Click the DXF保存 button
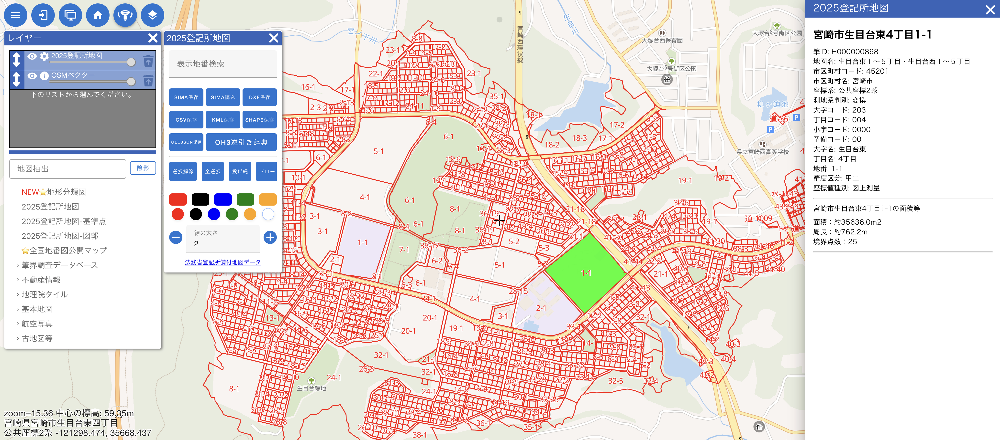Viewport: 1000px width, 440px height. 259,97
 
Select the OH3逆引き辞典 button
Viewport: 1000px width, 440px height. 241,142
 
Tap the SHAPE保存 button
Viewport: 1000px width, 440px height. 259,120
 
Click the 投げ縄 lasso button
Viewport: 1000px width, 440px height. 240,171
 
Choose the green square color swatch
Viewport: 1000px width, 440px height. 245,199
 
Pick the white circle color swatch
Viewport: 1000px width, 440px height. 268,214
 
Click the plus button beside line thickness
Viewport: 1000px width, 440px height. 270,237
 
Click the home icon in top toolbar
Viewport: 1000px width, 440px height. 98,15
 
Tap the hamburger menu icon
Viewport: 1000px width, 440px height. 16,15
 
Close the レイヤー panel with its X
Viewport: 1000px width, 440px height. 153,38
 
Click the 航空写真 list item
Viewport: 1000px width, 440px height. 37,324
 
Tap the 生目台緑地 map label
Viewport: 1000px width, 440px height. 311,388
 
